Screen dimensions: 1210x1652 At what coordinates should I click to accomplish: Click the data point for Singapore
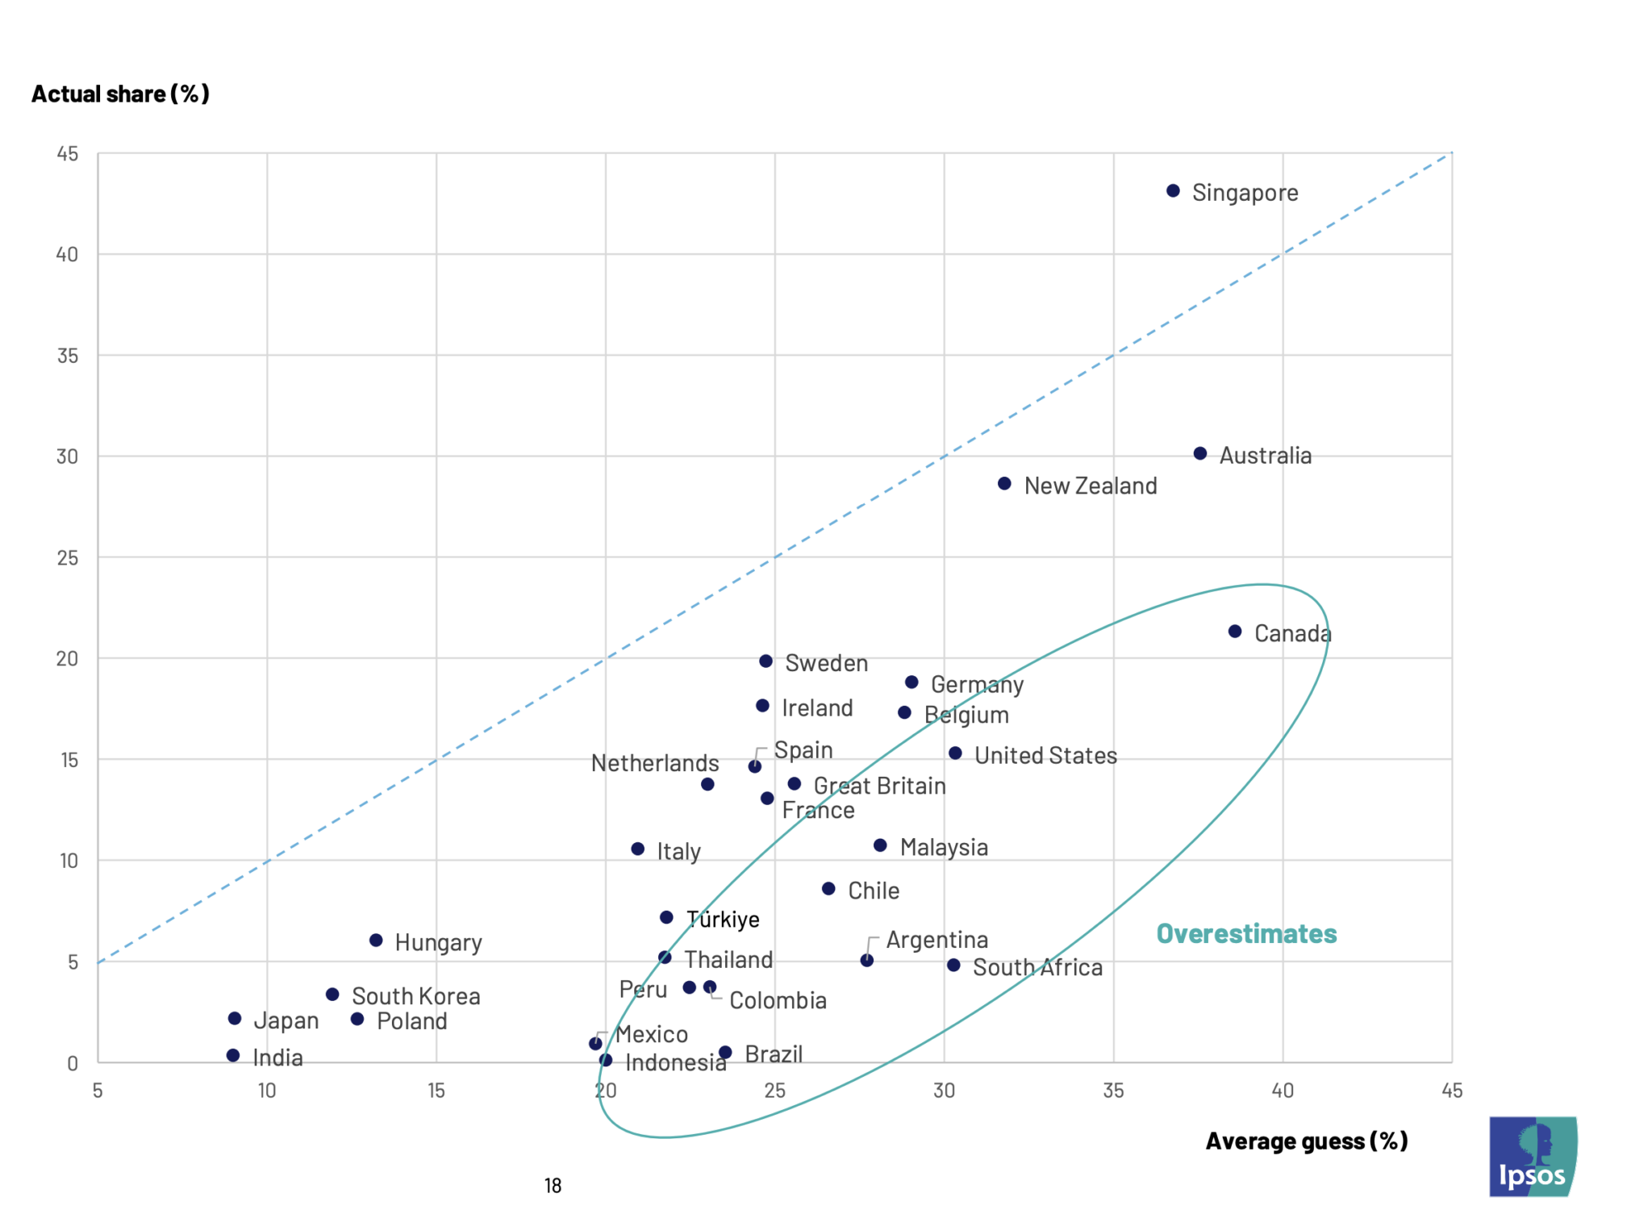1173,191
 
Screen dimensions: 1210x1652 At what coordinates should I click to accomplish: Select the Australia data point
1200,453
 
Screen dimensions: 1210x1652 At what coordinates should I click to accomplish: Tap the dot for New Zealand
1004,484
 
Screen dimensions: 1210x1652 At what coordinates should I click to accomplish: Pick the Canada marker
1235,632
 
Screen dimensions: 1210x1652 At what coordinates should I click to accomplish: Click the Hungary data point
376,941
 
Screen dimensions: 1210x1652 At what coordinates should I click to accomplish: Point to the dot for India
233,1055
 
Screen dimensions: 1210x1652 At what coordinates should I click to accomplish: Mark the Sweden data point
766,661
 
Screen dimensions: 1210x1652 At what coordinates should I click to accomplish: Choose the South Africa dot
953,965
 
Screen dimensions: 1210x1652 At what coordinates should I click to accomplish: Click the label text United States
1045,756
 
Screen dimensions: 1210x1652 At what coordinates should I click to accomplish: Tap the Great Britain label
879,786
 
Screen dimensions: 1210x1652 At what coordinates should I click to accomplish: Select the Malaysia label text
944,847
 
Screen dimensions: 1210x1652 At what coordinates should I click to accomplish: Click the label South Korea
415,996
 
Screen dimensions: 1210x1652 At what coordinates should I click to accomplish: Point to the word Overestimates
1246,933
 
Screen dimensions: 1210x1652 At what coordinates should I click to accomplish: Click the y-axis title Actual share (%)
120,94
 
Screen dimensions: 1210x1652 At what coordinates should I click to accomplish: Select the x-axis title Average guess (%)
1307,1141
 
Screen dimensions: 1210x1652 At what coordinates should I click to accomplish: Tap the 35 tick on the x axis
1113,1091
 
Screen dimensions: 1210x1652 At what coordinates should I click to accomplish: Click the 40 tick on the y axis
68,255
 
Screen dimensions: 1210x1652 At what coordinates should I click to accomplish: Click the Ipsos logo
1533,1156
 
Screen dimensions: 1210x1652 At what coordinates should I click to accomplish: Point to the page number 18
553,1186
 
